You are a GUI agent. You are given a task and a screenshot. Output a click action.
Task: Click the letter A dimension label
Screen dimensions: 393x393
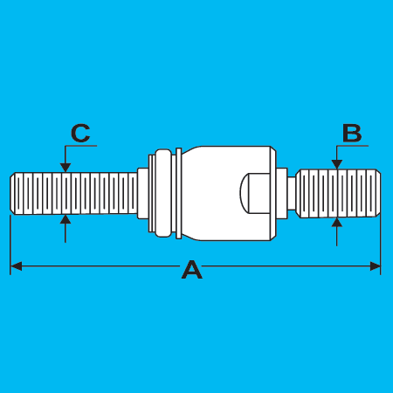192,270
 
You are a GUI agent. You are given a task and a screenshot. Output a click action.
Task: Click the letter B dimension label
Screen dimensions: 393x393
352,134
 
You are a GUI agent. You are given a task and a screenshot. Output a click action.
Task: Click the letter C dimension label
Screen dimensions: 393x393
80,134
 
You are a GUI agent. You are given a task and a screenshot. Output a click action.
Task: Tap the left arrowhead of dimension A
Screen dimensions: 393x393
17,266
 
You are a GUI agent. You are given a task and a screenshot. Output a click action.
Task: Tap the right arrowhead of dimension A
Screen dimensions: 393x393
375,266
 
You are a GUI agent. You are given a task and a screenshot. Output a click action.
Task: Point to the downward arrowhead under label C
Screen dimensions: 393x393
65,168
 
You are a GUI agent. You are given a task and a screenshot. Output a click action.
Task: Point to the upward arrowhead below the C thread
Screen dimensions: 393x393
65,219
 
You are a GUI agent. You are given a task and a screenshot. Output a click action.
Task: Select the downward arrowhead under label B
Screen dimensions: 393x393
337,164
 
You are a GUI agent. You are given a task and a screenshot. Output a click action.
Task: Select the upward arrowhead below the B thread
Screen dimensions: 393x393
337,222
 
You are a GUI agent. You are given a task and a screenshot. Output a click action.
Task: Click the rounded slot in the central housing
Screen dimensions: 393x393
255,193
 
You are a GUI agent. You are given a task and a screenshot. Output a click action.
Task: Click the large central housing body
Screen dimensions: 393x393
228,193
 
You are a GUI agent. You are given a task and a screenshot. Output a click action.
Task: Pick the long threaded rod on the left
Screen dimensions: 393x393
73,194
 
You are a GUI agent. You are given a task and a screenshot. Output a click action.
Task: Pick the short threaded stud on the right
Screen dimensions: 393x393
338,193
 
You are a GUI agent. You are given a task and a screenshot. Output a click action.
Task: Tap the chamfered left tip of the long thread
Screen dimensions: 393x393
12,194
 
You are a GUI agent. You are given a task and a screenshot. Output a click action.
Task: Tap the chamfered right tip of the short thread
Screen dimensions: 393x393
378,193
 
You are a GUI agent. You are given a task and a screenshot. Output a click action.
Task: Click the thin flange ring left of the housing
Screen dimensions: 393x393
179,193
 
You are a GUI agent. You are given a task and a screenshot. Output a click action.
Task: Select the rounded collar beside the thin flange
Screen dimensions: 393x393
162,193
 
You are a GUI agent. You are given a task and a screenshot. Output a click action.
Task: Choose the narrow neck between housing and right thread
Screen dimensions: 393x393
292,193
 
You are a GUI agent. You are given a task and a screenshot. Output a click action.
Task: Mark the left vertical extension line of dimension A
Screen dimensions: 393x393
10,245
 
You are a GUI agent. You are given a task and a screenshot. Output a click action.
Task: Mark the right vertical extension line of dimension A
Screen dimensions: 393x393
381,245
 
